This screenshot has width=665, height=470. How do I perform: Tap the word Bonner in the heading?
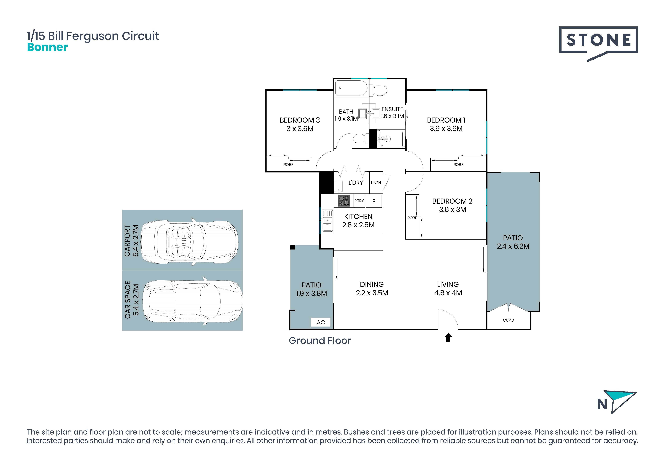pos(47,47)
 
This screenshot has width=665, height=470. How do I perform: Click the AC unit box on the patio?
pos(321,322)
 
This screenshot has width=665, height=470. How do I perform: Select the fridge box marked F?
pos(374,201)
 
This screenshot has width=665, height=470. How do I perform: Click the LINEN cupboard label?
pos(376,183)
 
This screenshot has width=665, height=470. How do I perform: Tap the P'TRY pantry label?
pos(359,201)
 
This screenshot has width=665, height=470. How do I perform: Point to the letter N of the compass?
pos(602,404)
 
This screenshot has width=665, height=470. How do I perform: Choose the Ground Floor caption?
pos(320,340)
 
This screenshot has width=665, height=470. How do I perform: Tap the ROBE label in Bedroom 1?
pos(458,164)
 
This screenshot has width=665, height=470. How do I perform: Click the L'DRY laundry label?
pos(356,183)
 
